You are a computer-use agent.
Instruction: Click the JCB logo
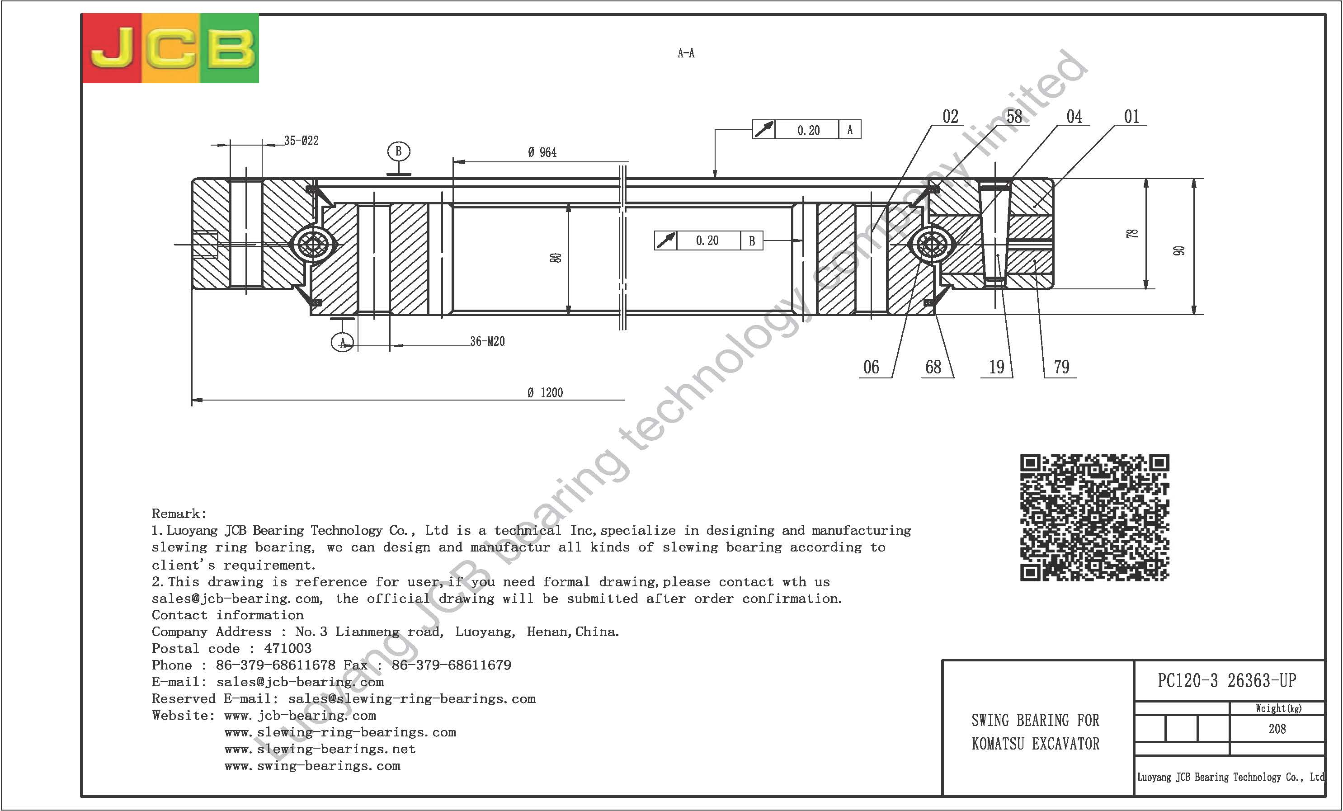click(x=170, y=48)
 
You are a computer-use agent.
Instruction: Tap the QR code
click(x=1094, y=517)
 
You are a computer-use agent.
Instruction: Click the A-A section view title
click(x=686, y=53)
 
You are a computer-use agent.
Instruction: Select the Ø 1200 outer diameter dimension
click(x=545, y=392)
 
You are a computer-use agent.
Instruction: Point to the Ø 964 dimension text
click(x=542, y=153)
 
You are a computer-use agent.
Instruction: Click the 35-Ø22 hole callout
click(x=302, y=141)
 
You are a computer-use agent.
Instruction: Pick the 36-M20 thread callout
click(x=487, y=341)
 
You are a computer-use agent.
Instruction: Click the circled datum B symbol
click(x=398, y=151)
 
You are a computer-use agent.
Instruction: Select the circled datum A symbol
click(x=342, y=342)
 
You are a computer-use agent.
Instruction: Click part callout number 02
click(x=950, y=117)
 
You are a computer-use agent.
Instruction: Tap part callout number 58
click(x=1014, y=117)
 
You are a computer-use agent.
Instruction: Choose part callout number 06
click(x=871, y=367)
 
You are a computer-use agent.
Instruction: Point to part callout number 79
click(x=1061, y=367)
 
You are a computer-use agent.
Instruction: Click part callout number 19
click(x=996, y=367)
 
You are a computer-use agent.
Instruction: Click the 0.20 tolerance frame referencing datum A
click(x=807, y=130)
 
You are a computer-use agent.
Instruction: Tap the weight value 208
click(x=1277, y=729)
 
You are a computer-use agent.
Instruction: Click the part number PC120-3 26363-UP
click(x=1226, y=680)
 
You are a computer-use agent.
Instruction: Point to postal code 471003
click(x=288, y=649)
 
